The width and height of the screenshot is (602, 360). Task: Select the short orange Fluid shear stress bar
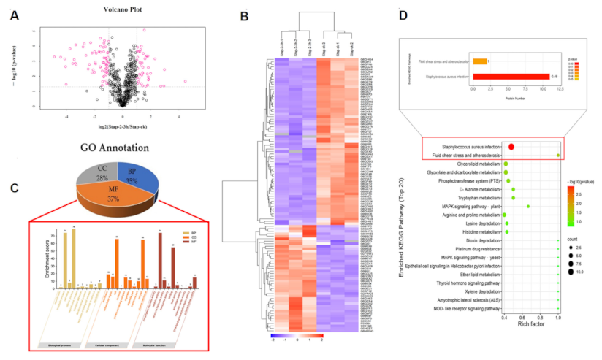pos(479,61)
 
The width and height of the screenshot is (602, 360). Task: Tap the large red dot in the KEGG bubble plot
pos(511,148)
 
